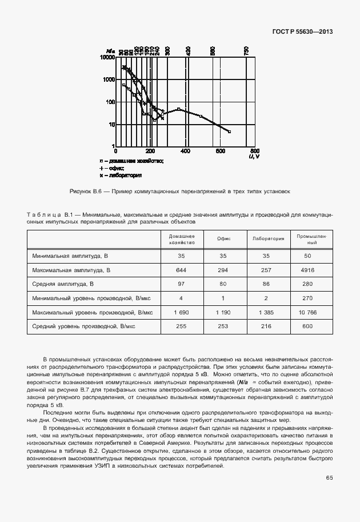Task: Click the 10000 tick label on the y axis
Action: coord(107,57)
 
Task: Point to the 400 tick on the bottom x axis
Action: coord(185,151)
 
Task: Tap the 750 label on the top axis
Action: coord(246,51)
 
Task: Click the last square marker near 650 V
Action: coord(229,132)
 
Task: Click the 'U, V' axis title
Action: coord(254,156)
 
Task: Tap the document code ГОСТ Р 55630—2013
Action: coord(302,31)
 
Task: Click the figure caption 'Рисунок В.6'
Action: coord(85,192)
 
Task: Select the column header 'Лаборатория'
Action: coord(269,239)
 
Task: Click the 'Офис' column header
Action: coord(224,239)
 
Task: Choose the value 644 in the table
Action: coord(181,269)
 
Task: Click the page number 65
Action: coord(329,477)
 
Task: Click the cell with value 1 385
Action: coord(269,312)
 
